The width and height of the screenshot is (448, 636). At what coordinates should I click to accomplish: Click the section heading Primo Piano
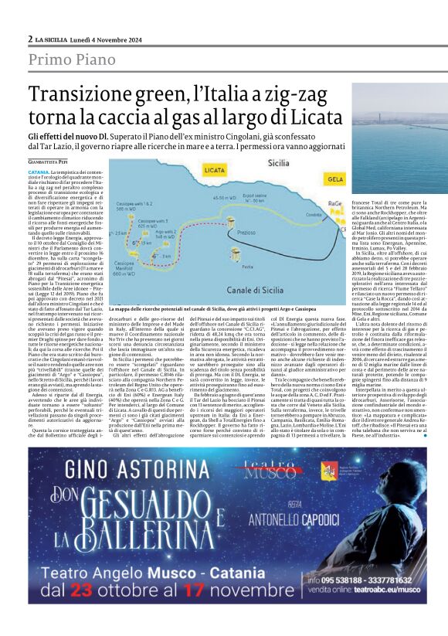69,60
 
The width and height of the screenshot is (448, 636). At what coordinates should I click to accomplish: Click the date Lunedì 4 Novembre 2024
97,39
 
